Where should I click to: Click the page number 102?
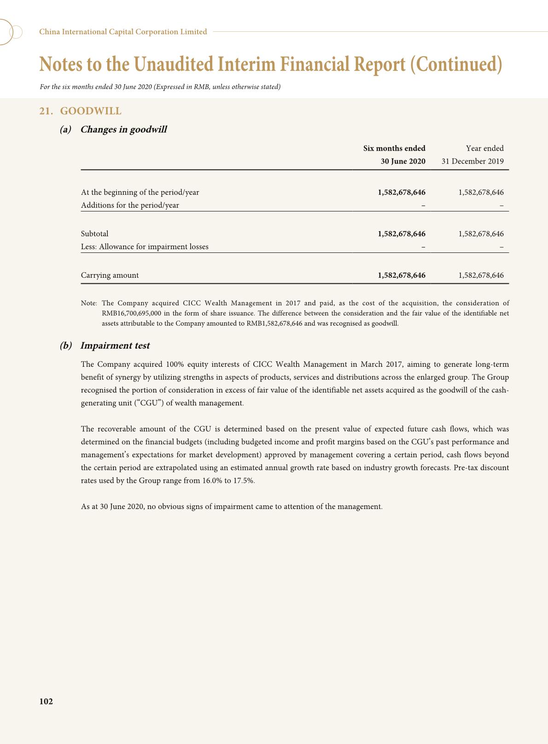click(x=46, y=701)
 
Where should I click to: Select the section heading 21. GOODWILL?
click(x=80, y=111)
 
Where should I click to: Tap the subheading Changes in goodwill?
click(x=123, y=129)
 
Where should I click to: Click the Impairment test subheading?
click(x=115, y=346)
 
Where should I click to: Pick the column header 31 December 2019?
click(x=472, y=161)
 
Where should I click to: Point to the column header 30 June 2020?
click(x=403, y=161)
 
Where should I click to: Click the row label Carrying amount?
click(x=110, y=275)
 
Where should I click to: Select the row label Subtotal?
click(x=95, y=234)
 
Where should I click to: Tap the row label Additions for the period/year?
click(x=130, y=205)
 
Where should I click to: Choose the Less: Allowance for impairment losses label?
click(x=145, y=247)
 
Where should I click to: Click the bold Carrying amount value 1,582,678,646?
click(x=402, y=275)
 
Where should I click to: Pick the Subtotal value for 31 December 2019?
click(x=481, y=234)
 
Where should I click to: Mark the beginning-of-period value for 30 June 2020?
click(x=402, y=193)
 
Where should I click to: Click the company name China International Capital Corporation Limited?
click(x=123, y=32)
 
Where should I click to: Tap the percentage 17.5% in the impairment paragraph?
click(x=244, y=480)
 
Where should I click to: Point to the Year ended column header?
click(x=484, y=148)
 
